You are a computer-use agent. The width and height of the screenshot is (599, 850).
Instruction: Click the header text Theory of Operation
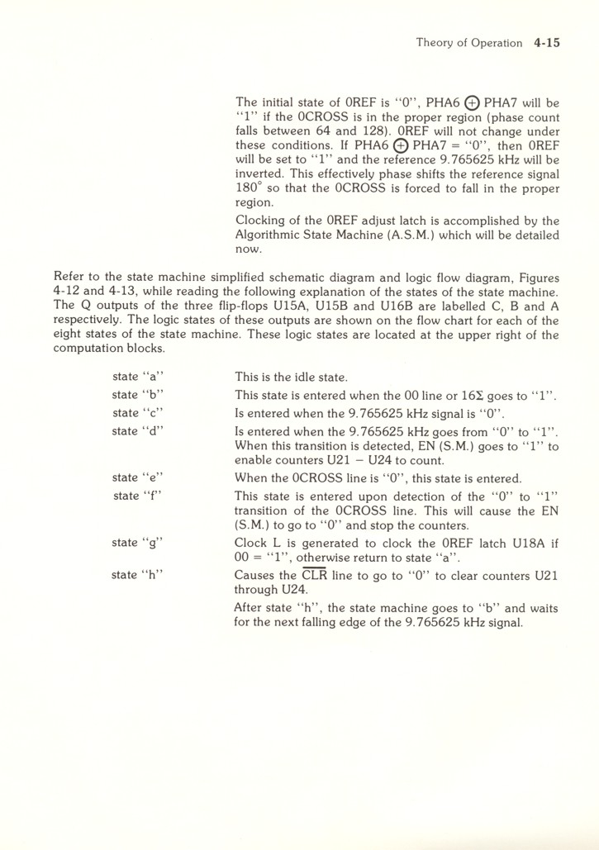pyautogui.click(x=468, y=43)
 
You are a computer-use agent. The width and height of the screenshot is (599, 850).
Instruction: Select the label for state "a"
pyautogui.click(x=137, y=377)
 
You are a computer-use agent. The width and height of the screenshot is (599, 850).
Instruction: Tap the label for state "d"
pyautogui.click(x=137, y=430)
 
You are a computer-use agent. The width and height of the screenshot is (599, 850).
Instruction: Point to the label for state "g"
pyautogui.click(x=137, y=543)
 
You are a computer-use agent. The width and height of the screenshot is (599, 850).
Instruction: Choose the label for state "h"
pyautogui.click(x=137, y=575)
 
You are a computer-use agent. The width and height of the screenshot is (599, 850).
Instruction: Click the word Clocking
pyautogui.click(x=263, y=221)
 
